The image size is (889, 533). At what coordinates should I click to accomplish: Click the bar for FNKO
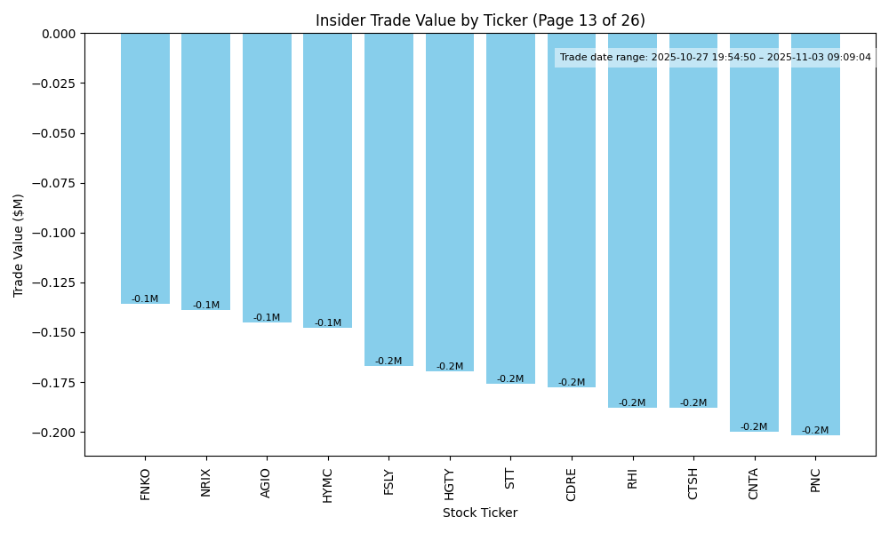coord(145,169)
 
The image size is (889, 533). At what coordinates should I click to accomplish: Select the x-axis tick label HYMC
coord(328,485)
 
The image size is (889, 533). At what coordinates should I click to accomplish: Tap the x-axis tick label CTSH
coord(693,483)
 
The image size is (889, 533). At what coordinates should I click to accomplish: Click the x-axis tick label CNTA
coord(754,483)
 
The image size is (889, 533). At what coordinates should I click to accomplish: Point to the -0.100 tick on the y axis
coord(57,233)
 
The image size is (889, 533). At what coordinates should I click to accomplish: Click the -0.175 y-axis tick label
coord(57,383)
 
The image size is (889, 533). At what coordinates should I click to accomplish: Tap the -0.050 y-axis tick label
coord(57,133)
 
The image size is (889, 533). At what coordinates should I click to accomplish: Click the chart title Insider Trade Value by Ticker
coord(480,20)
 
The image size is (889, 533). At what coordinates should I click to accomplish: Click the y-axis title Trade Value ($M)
coord(19,245)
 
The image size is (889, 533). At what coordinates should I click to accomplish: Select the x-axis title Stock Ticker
coord(480,513)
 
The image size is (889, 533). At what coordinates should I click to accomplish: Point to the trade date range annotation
coord(715,58)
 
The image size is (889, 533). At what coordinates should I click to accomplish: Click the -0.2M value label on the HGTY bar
coord(450,367)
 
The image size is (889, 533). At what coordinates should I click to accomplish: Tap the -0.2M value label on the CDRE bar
coord(572,383)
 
